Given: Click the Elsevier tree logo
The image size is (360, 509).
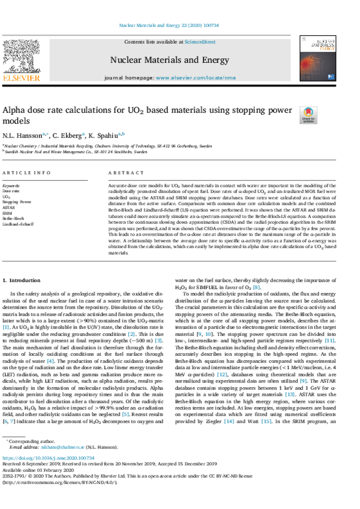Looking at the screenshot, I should click(x=21, y=57).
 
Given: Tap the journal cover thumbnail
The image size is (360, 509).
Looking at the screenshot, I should click(x=318, y=59).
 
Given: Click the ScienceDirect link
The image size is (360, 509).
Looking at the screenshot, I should click(x=200, y=42).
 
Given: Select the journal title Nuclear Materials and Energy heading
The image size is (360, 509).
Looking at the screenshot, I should click(x=170, y=61).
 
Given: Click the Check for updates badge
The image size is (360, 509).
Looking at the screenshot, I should click(x=308, y=115).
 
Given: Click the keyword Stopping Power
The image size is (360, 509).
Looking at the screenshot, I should click(x=17, y=202).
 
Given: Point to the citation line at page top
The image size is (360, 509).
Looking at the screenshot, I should click(x=170, y=25).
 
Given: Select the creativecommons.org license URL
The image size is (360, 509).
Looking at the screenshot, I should click(x=60, y=482).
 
